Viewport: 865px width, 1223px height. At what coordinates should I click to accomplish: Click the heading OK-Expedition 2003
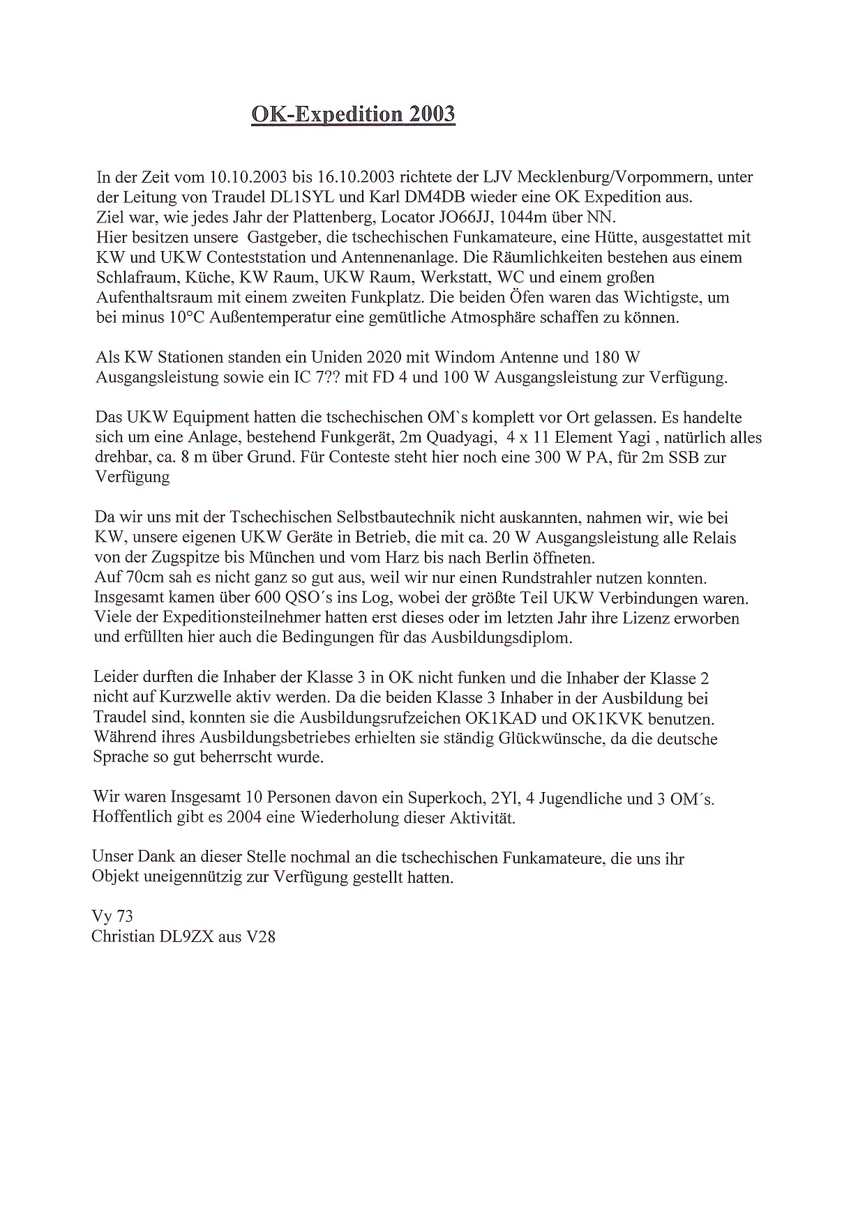(353, 114)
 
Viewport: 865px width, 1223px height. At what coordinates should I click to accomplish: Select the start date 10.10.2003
(239, 177)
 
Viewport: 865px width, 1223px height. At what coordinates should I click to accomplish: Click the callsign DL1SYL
(309, 197)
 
